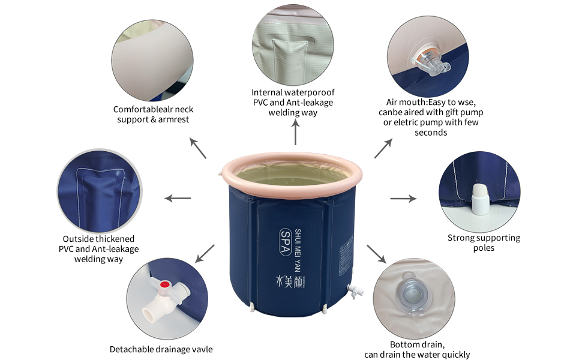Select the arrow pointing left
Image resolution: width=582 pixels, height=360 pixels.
pos(178,198)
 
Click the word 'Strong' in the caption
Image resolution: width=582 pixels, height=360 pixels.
pos(461,238)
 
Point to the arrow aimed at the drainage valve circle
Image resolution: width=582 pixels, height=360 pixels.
pos(206,253)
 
